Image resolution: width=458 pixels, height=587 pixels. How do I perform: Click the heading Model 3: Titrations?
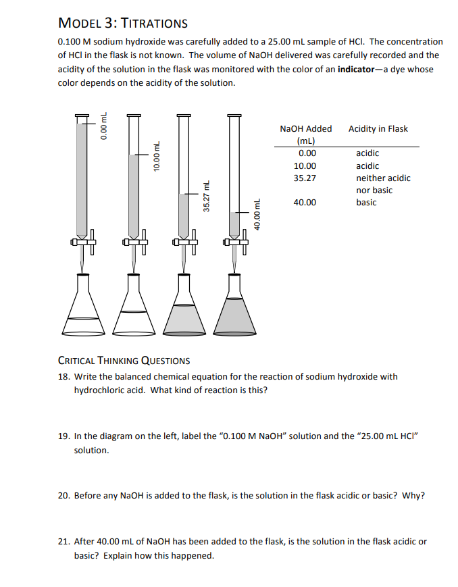(x=123, y=23)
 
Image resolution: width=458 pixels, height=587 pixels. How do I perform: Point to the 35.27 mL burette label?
(x=207, y=197)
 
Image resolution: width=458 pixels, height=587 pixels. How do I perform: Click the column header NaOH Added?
(x=305, y=128)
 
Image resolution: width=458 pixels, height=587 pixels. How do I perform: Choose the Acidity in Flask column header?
(x=378, y=128)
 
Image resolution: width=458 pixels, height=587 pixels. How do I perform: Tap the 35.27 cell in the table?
(x=305, y=178)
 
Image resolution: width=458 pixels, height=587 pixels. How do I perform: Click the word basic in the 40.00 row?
(x=366, y=202)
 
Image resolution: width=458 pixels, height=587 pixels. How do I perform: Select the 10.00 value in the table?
(x=305, y=166)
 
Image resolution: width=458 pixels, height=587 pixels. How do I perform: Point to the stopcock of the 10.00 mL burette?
(x=133, y=241)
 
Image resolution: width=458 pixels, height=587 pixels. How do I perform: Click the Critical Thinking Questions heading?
(x=124, y=360)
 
